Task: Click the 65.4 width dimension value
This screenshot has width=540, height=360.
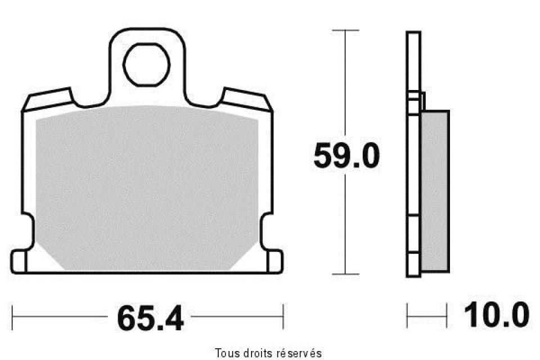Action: click(x=150, y=319)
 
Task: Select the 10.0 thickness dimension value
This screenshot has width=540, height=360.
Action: click(x=495, y=315)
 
